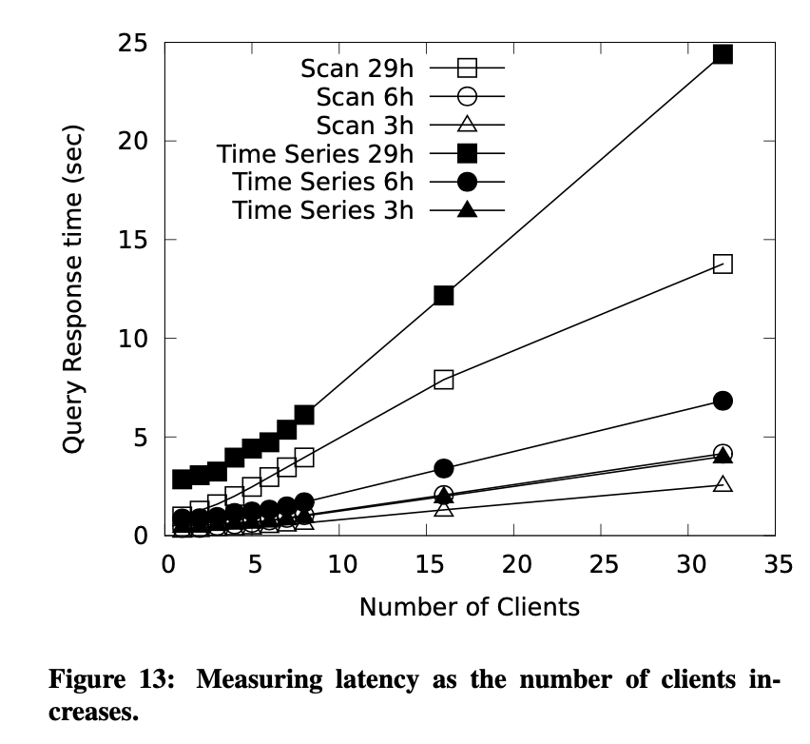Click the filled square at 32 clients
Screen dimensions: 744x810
pos(723,53)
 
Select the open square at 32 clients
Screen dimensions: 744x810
pos(723,264)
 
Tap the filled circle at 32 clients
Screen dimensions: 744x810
pos(723,401)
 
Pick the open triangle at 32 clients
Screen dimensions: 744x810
pos(723,483)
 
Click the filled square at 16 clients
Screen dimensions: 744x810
pos(444,295)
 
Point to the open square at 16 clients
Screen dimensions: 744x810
pos(444,379)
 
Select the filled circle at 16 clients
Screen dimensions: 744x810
pos(444,468)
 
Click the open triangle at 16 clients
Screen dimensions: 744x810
pos(444,509)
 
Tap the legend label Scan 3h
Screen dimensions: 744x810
pos(365,125)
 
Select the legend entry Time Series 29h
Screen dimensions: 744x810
pos(315,152)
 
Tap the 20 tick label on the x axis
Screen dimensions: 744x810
pos(515,563)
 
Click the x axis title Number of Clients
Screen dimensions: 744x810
pos(469,606)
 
